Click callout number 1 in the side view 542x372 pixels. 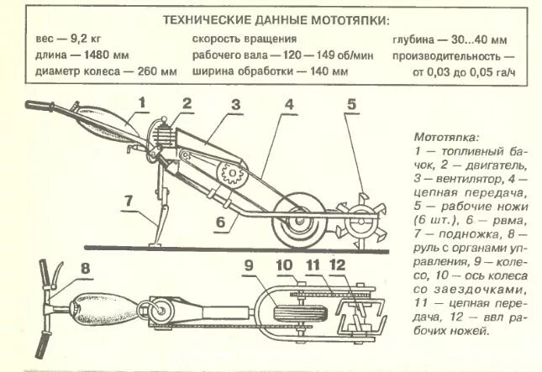point(143,103)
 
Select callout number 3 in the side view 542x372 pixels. point(237,106)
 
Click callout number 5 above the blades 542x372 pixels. point(353,106)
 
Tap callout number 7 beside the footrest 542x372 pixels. point(128,202)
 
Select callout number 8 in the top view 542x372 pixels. point(85,270)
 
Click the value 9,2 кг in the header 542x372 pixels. point(81,40)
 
